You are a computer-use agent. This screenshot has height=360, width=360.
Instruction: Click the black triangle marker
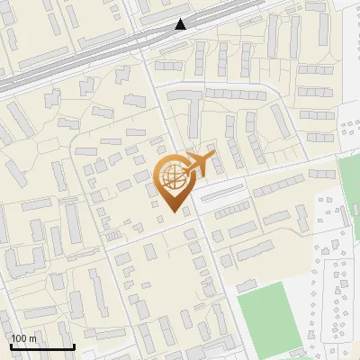182,24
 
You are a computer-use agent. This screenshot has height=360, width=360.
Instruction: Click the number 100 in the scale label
19,338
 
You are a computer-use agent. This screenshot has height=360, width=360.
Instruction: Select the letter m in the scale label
32,338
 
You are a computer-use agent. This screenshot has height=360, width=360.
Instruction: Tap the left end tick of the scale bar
11,346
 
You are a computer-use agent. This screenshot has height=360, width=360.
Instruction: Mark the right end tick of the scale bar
73,346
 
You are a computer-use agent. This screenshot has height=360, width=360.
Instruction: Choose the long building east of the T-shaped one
236,93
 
